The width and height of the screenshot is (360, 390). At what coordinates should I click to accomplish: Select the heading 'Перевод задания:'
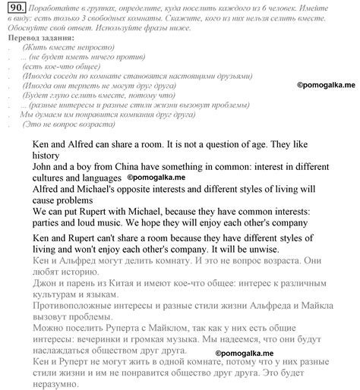point(39,37)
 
